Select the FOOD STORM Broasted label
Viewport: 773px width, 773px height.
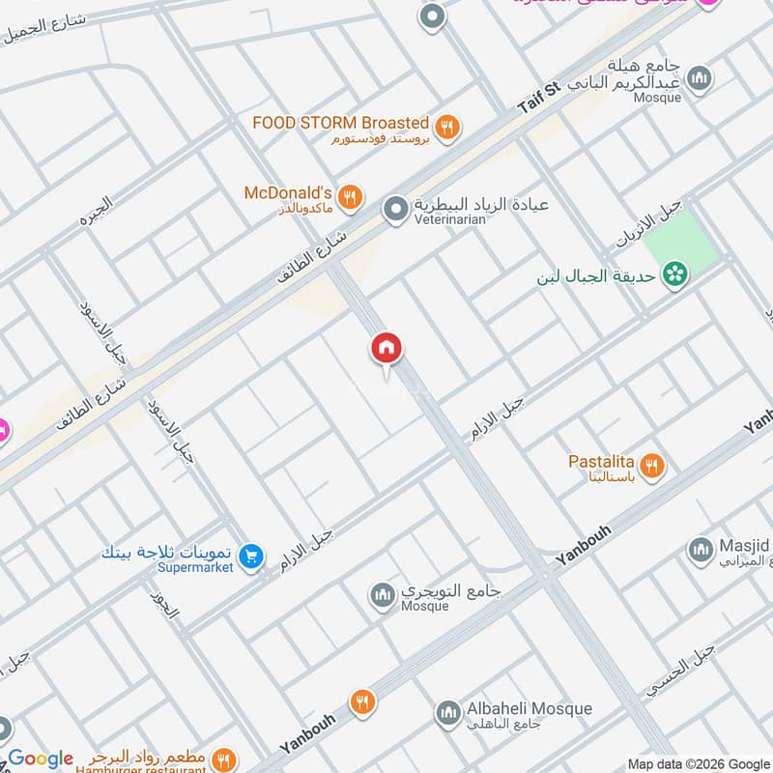(x=340, y=123)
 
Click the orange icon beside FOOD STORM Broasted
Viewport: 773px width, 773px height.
(x=445, y=126)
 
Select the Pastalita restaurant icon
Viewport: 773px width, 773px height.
(x=653, y=467)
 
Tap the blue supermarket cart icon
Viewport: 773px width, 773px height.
(x=251, y=556)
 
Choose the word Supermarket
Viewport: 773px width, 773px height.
(x=196, y=568)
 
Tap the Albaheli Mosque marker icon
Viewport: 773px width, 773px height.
(x=446, y=714)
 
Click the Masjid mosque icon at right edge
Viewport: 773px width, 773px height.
(x=700, y=551)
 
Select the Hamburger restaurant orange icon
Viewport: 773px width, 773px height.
(x=223, y=759)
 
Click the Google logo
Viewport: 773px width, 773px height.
(x=40, y=759)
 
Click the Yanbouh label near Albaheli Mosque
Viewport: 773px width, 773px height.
(x=308, y=734)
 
